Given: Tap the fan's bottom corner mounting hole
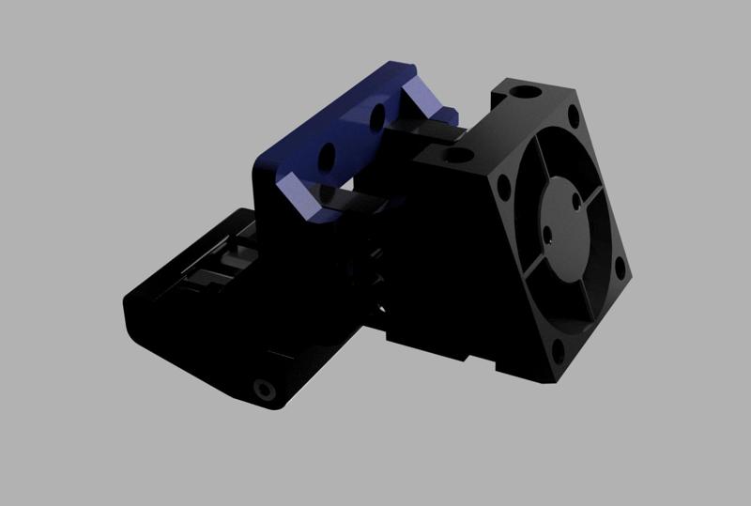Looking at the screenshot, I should click(561, 353).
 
